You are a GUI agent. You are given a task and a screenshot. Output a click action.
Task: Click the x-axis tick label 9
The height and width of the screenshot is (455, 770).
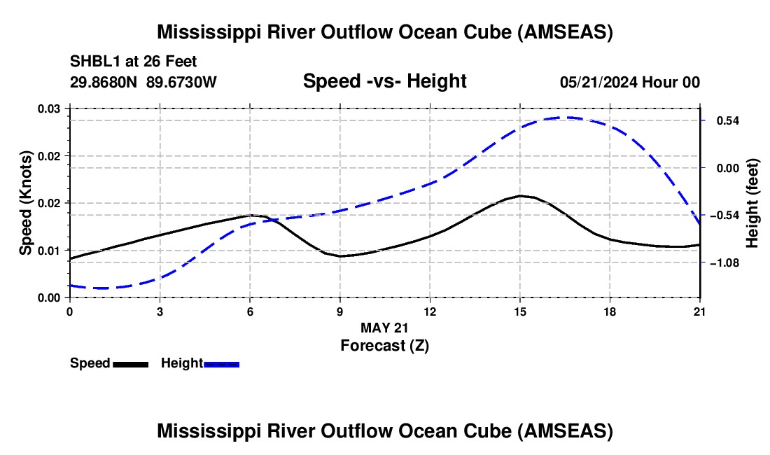(x=340, y=311)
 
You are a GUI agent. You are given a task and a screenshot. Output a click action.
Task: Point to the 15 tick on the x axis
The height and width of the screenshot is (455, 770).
(x=520, y=311)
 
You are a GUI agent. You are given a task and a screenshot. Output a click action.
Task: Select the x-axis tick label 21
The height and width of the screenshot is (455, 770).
(x=700, y=311)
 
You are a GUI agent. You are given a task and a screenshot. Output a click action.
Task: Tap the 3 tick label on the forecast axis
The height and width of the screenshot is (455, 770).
(x=160, y=311)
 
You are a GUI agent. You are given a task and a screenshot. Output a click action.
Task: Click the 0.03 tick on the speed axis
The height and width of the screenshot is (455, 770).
(x=49, y=109)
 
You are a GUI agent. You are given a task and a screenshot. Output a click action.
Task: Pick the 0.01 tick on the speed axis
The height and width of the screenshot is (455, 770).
(x=49, y=251)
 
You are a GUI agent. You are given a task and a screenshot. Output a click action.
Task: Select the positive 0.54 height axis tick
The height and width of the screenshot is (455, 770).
(x=727, y=121)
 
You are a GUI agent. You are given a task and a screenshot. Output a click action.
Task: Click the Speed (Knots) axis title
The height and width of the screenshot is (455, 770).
(x=26, y=202)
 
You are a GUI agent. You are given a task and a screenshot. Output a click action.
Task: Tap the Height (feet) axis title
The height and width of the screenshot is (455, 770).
(x=752, y=202)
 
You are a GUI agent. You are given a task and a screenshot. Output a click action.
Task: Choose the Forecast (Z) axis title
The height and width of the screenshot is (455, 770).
(x=384, y=345)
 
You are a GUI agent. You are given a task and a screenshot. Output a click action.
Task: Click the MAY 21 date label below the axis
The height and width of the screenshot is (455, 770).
(x=384, y=328)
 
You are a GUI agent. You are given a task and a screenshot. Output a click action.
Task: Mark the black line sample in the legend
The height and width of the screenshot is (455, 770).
(x=130, y=364)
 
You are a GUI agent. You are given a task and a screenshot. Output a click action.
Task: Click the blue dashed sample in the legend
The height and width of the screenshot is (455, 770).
(x=222, y=364)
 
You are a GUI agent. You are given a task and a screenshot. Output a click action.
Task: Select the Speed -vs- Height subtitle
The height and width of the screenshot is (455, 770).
(x=384, y=81)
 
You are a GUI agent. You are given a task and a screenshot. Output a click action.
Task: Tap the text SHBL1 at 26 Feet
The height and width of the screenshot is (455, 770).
(x=134, y=62)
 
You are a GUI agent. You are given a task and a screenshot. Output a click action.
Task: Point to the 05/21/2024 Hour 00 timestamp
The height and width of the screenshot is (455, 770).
(x=630, y=82)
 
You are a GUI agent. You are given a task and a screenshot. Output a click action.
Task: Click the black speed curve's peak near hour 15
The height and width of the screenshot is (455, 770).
(x=520, y=196)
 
